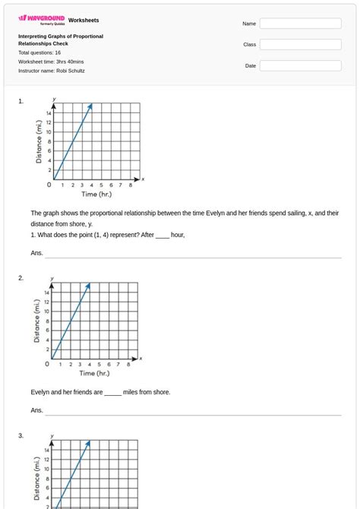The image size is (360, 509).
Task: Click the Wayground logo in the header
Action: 41,20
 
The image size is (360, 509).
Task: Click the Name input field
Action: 300,24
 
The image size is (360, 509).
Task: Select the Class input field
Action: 300,45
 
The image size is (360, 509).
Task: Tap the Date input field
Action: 300,66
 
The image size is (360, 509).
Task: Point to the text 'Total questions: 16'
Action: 39,52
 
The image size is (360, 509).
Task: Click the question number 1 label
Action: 21,100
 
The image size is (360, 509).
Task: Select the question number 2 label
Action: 21,278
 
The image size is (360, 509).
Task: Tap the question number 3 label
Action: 21,435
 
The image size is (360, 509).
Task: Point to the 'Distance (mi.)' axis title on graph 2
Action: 37,320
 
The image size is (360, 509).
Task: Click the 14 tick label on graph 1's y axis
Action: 49,113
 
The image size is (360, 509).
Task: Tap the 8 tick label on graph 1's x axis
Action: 131,185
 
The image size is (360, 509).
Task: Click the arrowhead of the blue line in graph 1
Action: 90,106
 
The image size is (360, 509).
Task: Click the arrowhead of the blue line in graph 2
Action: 89,286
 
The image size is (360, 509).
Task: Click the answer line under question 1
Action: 193,257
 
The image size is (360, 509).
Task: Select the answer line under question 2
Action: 193,414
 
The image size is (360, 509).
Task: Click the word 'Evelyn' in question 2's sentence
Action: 40,392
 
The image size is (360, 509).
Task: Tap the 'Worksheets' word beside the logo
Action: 84,20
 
